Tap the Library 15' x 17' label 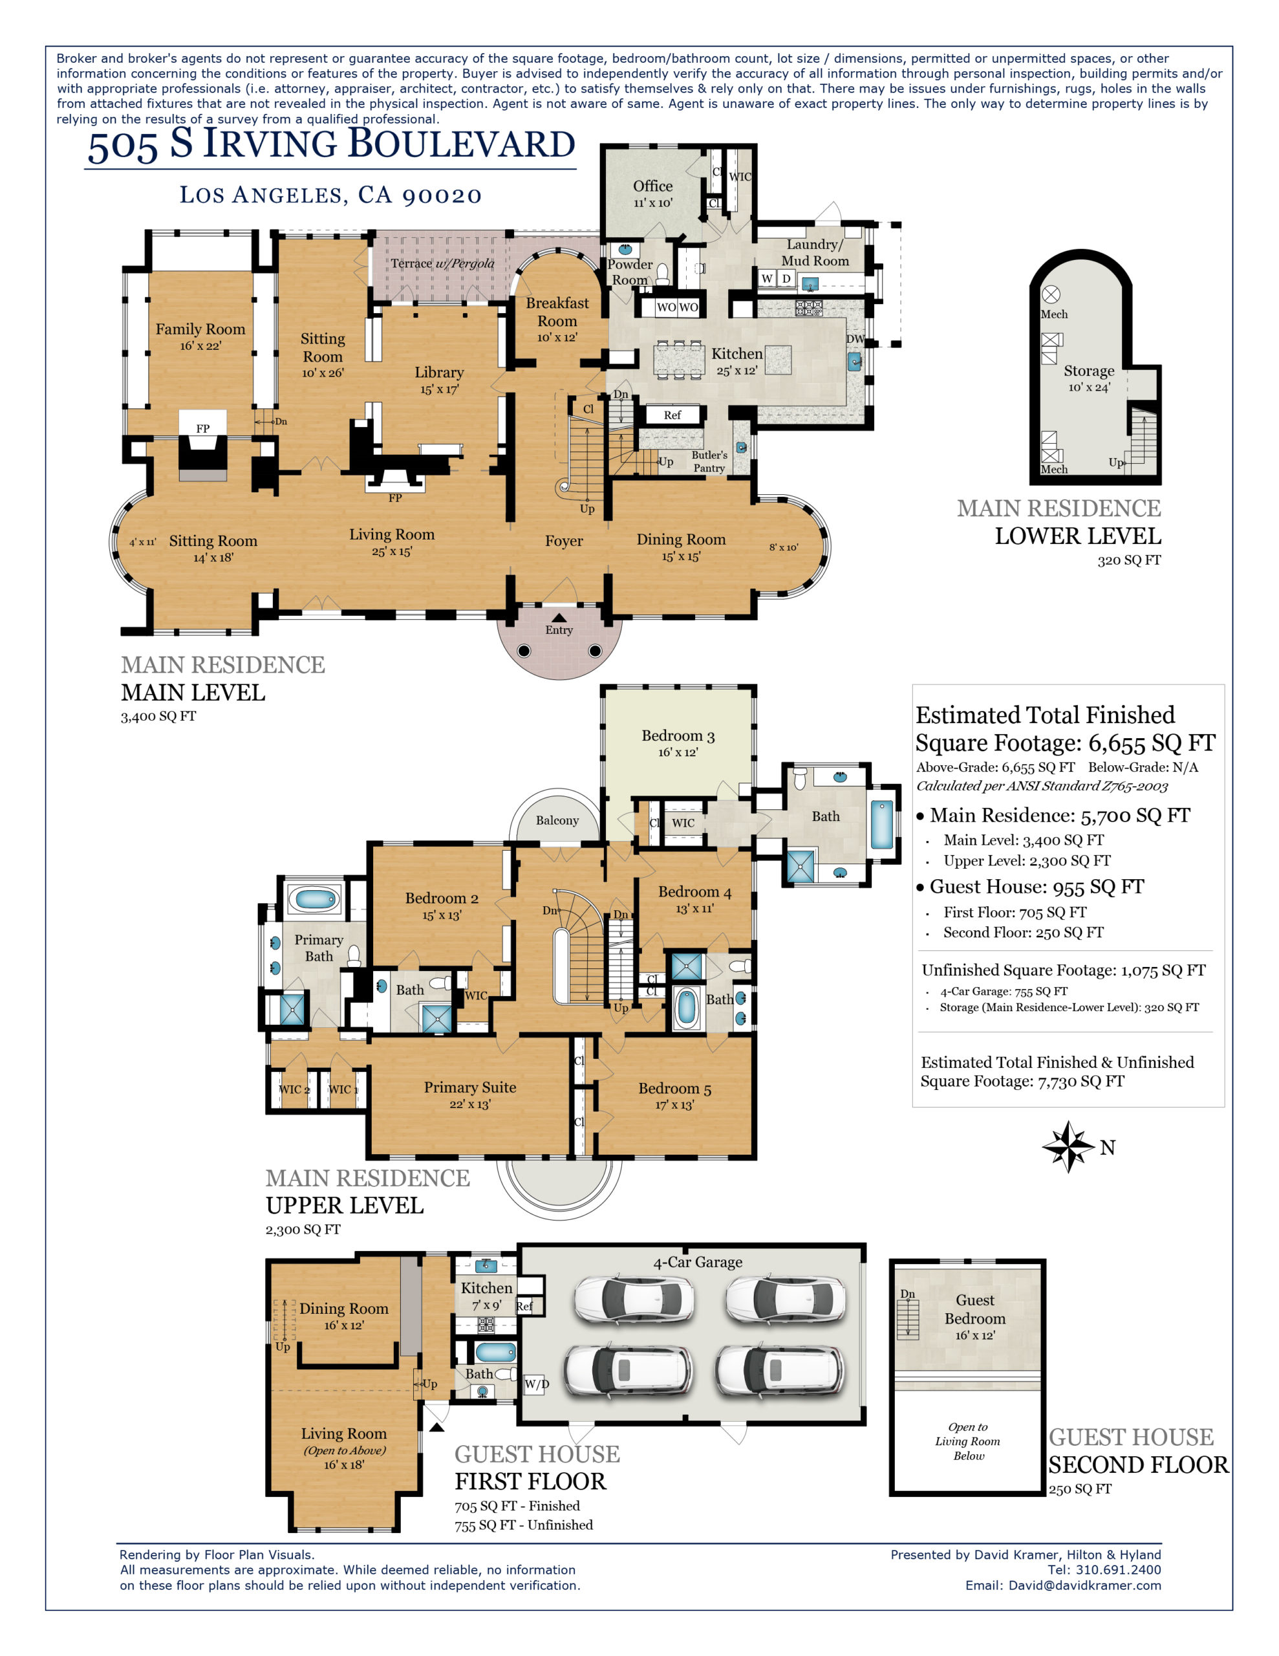pos(439,379)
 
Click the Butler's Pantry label pos(709,461)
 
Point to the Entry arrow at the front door pos(559,618)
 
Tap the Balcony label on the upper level pos(557,820)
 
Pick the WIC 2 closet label pos(294,1089)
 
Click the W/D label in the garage pos(537,1384)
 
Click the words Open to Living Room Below pos(968,1441)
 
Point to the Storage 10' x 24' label pos(1089,378)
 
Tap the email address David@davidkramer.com pos(1084,1585)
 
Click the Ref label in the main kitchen pos(672,415)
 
